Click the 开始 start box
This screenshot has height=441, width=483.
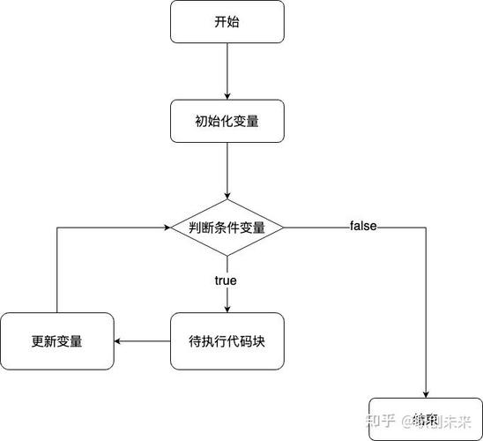pos(227,22)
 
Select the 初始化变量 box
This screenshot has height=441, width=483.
pos(227,121)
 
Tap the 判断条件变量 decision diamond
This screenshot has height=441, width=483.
pos(227,227)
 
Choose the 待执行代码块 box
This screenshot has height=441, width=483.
pos(227,340)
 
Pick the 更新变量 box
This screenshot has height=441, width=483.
pos(57,340)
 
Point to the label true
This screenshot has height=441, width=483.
pos(226,280)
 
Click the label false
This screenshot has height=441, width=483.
pos(363,227)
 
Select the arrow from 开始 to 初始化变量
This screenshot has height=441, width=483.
pos(227,71)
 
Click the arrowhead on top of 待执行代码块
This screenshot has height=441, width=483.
pos(227,309)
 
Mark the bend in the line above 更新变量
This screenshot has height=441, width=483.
pos(57,227)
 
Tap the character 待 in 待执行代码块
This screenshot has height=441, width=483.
pos(196,340)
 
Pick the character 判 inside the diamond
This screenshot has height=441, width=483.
pos(195,227)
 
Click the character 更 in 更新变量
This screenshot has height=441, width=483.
pos(37,340)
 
